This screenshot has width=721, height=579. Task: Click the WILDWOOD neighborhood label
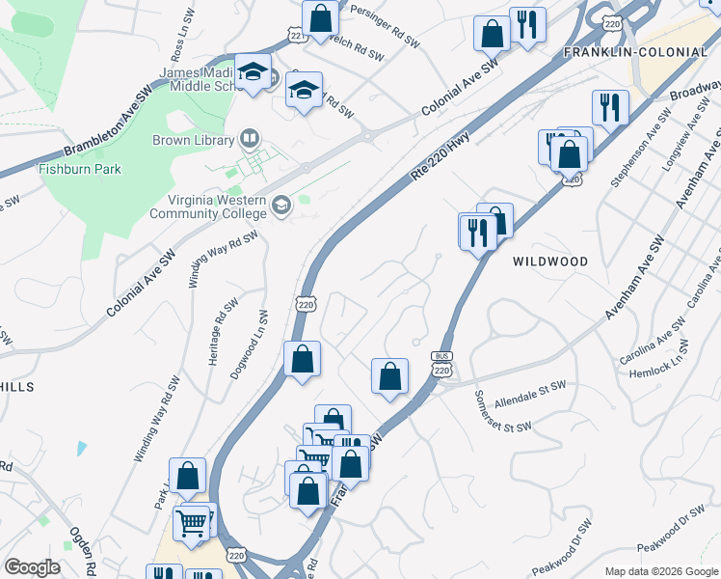(550, 262)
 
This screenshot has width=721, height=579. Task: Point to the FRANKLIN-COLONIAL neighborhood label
(636, 51)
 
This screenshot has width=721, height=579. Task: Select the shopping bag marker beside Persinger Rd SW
(320, 19)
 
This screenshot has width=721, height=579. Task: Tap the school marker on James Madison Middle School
(253, 72)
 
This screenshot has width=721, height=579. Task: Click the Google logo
(32, 567)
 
